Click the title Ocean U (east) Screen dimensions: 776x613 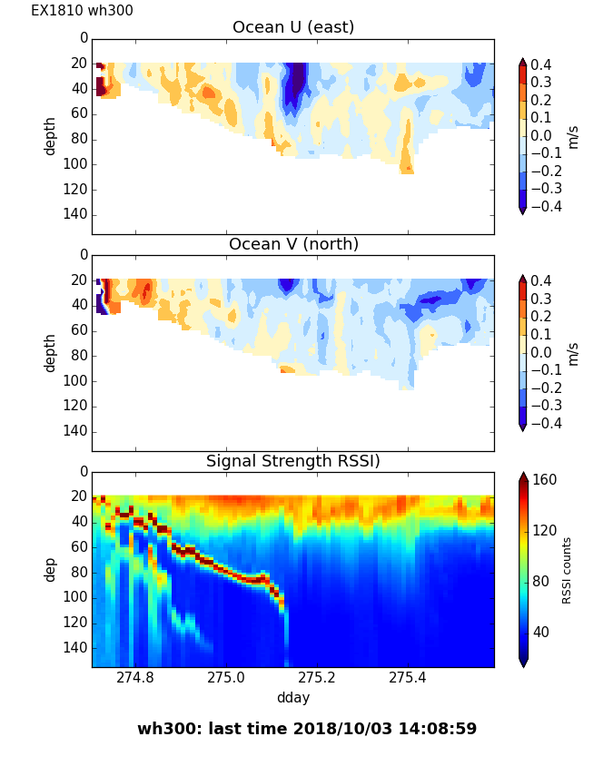pyautogui.click(x=293, y=27)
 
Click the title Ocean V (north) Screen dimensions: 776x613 pyautogui.click(x=293, y=244)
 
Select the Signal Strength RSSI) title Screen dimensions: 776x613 pyautogui.click(x=293, y=461)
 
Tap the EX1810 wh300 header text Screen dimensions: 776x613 pyautogui.click(x=82, y=11)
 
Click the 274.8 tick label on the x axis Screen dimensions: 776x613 pyautogui.click(x=135, y=677)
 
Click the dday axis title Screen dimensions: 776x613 pyautogui.click(x=293, y=697)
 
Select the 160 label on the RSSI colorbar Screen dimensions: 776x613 pyautogui.click(x=545, y=480)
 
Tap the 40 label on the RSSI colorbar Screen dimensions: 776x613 pyautogui.click(x=541, y=632)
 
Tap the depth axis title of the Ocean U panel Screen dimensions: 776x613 pyautogui.click(x=51, y=135)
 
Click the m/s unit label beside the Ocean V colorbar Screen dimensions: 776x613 pyautogui.click(x=572, y=352)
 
